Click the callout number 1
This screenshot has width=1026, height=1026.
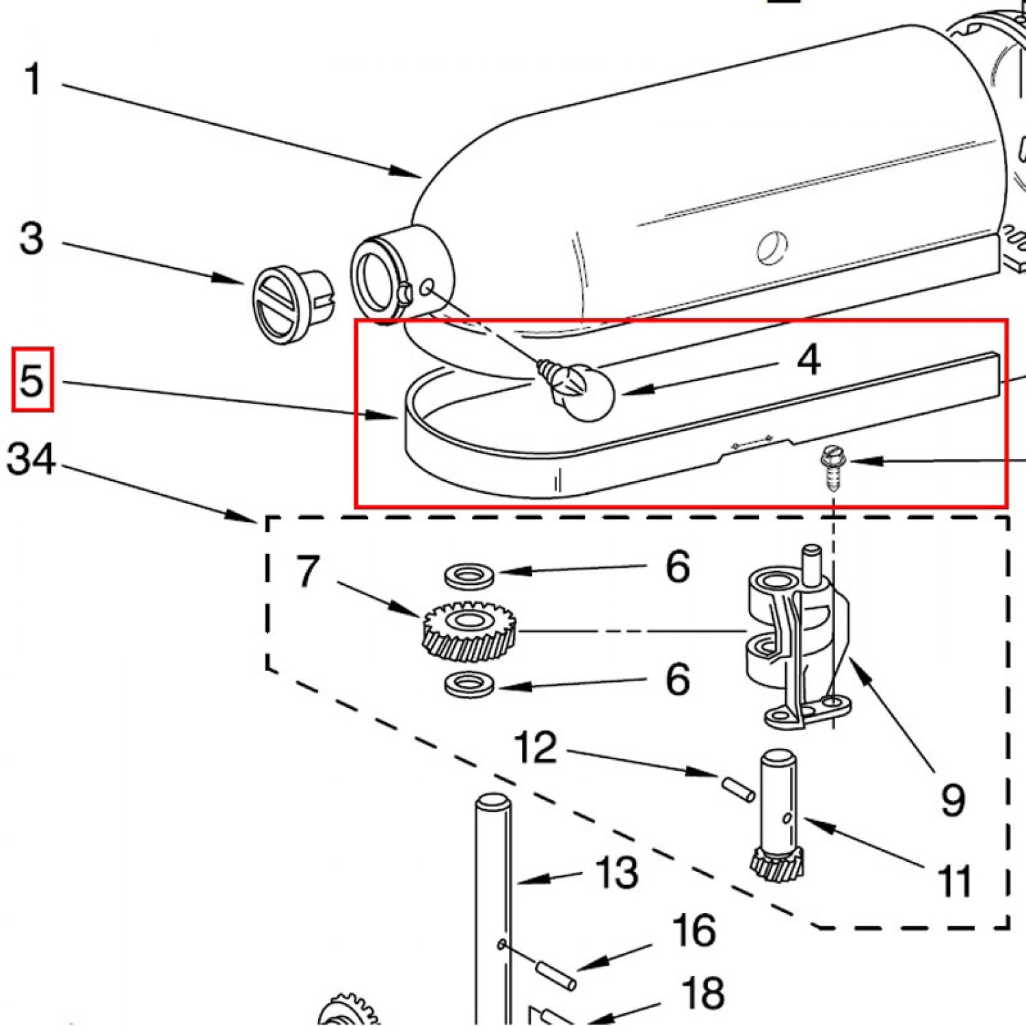[x=33, y=80]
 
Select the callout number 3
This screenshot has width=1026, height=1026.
[x=31, y=239]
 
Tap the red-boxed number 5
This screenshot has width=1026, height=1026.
[x=32, y=380]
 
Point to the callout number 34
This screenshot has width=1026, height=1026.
[x=31, y=458]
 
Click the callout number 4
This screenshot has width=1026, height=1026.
[x=808, y=360]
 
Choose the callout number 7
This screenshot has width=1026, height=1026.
[x=308, y=571]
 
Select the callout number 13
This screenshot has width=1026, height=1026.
[x=617, y=873]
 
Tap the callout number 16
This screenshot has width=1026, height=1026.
[x=694, y=931]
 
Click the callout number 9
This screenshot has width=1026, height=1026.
[x=953, y=800]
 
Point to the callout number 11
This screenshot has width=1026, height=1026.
[x=955, y=881]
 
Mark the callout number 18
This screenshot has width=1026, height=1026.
[x=703, y=992]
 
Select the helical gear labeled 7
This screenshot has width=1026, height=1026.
[x=469, y=631]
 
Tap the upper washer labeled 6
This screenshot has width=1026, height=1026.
[x=469, y=575]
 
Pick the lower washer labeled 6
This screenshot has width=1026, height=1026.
[x=469, y=683]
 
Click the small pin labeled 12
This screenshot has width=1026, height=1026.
[x=738, y=788]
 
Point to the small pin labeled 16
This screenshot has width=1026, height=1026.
[x=555, y=975]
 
